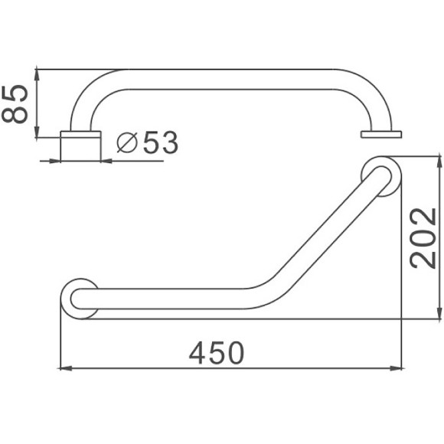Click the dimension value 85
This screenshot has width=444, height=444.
(x=16, y=104)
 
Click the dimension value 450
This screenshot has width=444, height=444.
(x=217, y=353)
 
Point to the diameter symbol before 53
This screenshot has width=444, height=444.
(x=129, y=143)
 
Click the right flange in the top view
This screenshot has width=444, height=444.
(x=380, y=135)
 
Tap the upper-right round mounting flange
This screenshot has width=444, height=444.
(x=380, y=175)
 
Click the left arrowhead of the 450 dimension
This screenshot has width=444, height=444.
(x=64, y=368)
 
